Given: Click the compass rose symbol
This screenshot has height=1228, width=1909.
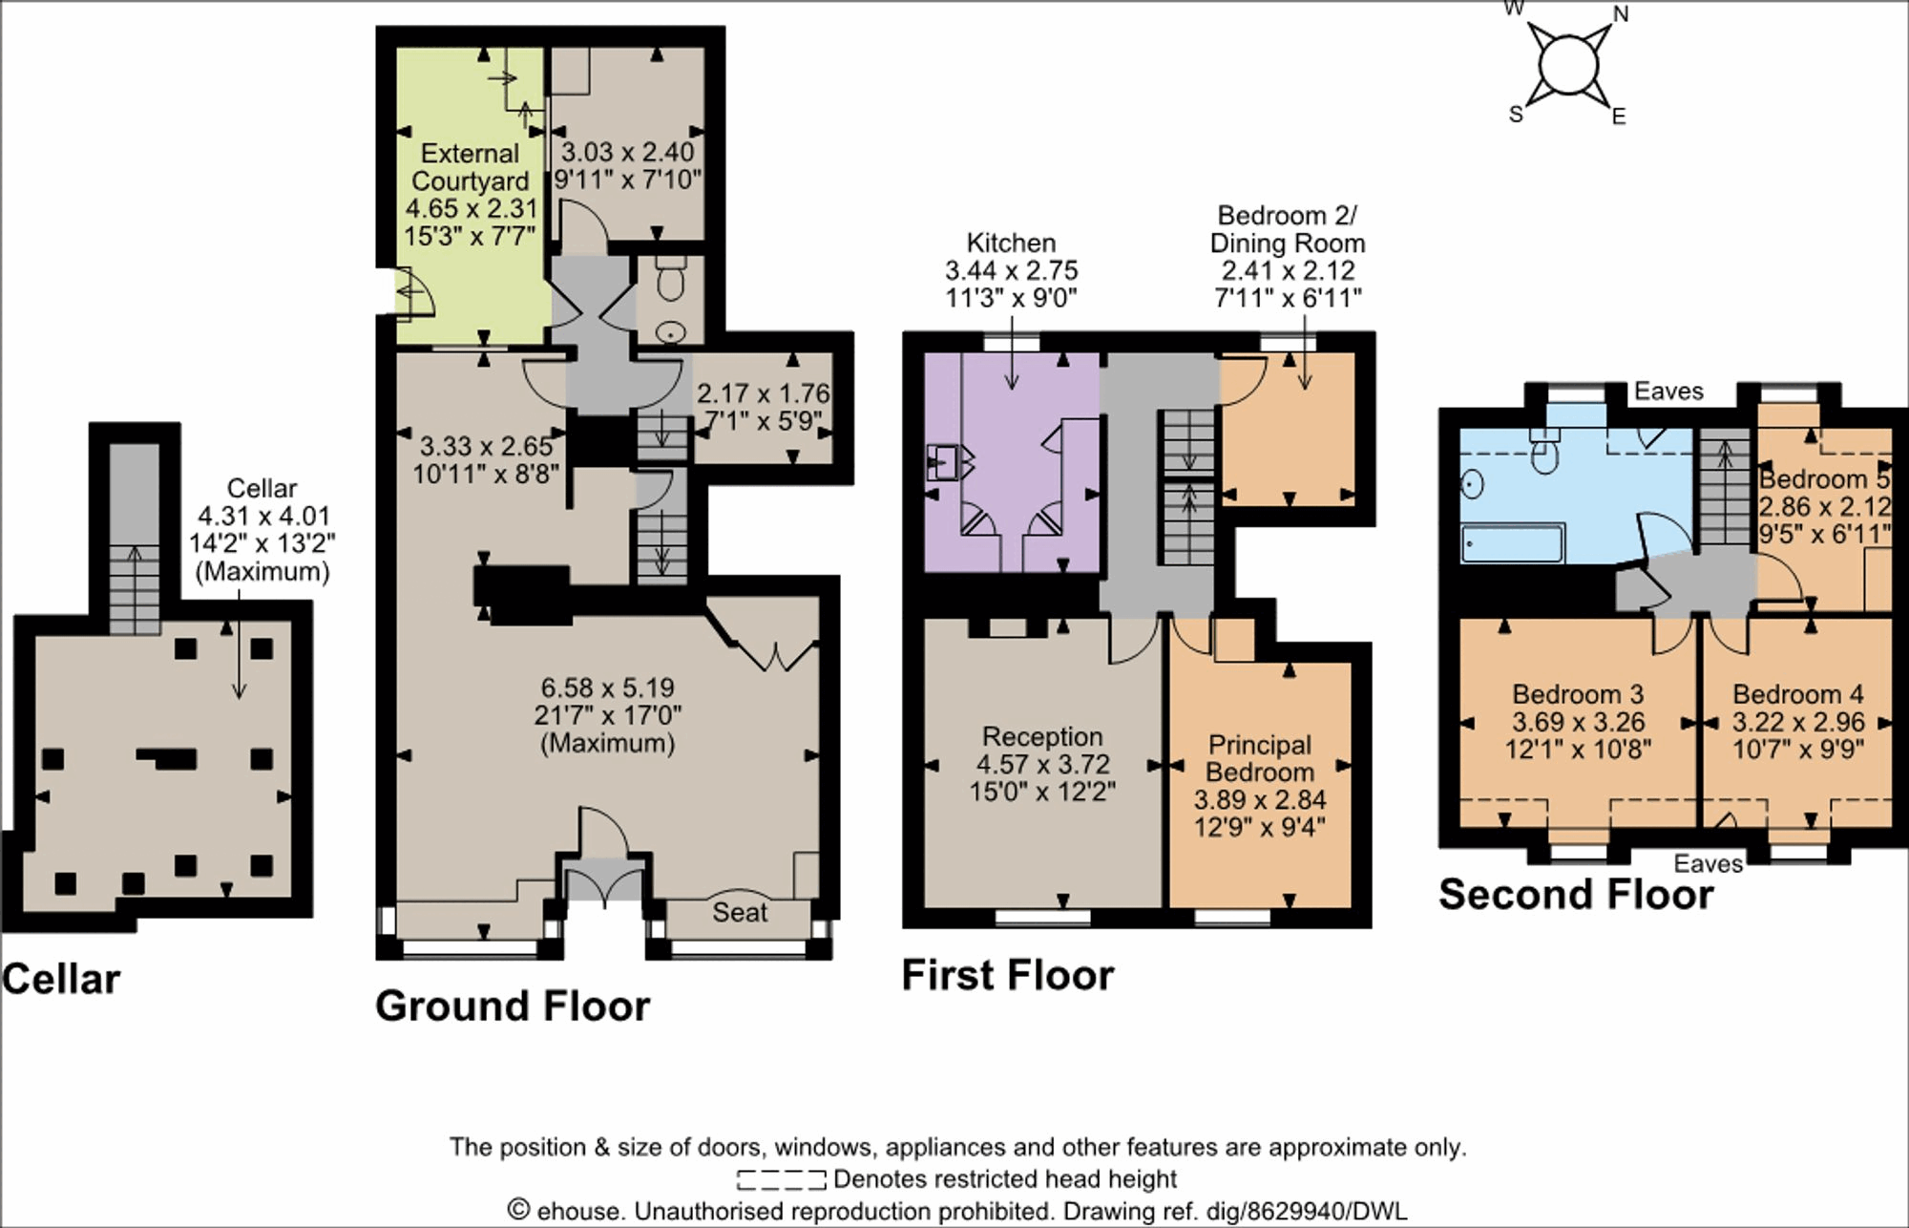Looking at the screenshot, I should pyautogui.click(x=1567, y=66).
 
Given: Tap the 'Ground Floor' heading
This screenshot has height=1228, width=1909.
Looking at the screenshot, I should pyautogui.click(x=513, y=1006).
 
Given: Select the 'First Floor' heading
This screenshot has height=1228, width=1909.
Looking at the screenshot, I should pyautogui.click(x=1007, y=976).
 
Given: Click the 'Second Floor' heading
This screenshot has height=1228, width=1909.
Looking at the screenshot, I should pyautogui.click(x=1576, y=895).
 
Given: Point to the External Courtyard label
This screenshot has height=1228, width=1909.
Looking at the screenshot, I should pyautogui.click(x=470, y=167).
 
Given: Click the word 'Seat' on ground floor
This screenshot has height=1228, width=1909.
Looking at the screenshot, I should pyautogui.click(x=740, y=913).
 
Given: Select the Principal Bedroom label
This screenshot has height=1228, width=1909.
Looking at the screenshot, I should pyautogui.click(x=1260, y=758).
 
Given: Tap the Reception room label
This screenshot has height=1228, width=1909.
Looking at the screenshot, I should pyautogui.click(x=1042, y=737).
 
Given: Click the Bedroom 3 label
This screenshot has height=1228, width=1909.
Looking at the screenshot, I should pyautogui.click(x=1578, y=694).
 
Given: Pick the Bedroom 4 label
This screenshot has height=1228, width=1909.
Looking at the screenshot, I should pyautogui.click(x=1797, y=694).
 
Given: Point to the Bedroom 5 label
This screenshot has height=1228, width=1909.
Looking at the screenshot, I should pyautogui.click(x=1823, y=479).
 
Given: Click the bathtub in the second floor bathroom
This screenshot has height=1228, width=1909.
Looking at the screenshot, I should pyautogui.click(x=1512, y=543).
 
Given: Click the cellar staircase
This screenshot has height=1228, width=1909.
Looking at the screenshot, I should pyautogui.click(x=134, y=587).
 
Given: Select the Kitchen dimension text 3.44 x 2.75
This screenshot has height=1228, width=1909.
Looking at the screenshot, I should pyautogui.click(x=1011, y=271).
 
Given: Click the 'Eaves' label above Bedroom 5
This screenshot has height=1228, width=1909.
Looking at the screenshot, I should pyautogui.click(x=1668, y=391).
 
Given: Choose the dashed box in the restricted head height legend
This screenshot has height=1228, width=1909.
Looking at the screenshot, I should pyautogui.click(x=781, y=1179).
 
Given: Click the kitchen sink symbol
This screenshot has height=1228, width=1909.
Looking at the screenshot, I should pyautogui.click(x=945, y=464).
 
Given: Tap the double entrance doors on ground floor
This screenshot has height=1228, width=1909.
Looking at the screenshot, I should pyautogui.click(x=605, y=879).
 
